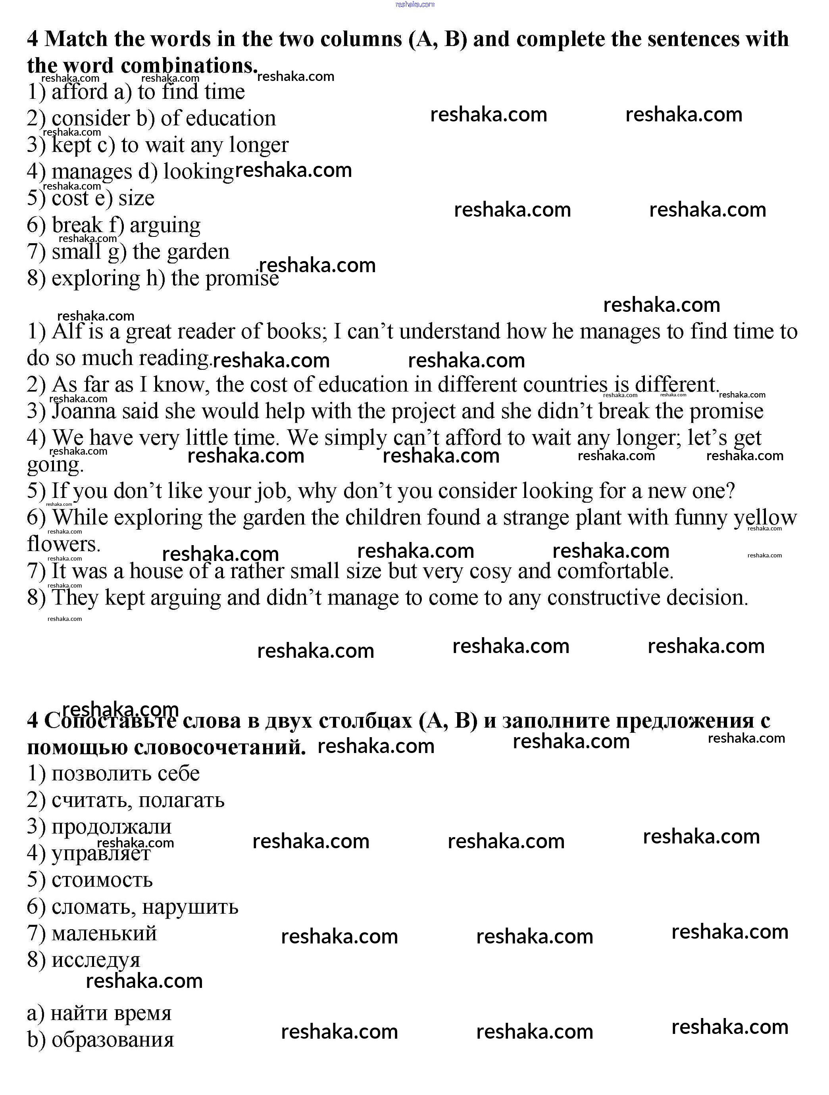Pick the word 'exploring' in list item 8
(96, 278)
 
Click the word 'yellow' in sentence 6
(765, 518)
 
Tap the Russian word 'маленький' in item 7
(104, 934)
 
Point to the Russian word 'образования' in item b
(112, 1040)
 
